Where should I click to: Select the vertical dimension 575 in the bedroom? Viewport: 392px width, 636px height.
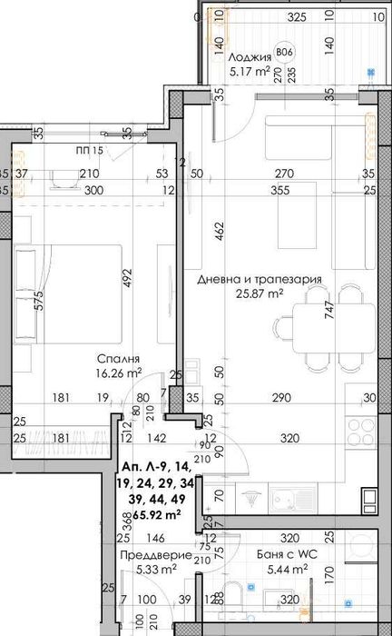(x=39, y=302)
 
